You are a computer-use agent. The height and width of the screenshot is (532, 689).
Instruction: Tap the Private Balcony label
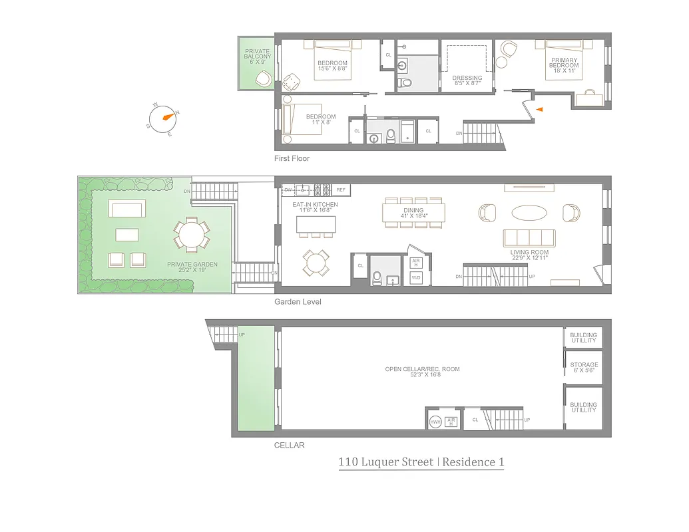258,56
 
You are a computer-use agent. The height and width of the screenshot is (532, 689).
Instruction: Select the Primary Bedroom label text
564,66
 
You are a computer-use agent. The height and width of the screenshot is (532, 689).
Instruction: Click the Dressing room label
467,80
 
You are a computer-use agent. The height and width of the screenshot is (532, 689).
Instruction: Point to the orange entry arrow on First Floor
540,108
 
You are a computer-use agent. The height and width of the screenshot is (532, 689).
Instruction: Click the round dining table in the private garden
192,235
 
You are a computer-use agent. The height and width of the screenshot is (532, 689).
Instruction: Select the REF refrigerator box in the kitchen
341,190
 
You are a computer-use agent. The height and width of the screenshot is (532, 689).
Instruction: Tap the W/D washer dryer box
416,277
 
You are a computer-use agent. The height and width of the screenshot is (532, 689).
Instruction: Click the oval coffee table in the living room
530,212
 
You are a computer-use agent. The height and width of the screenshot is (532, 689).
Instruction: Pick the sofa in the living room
530,238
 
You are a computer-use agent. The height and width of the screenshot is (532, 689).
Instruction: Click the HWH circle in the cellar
435,422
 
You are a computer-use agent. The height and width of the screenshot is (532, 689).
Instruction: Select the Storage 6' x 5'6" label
584,368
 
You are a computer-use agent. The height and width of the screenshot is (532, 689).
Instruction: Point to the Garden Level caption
298,302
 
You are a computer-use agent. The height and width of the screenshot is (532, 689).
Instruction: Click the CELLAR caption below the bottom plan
289,446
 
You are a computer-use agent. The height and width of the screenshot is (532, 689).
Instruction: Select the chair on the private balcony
264,78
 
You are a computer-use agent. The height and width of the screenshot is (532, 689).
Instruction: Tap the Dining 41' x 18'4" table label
413,212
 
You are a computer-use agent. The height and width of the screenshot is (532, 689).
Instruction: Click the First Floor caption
292,159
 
